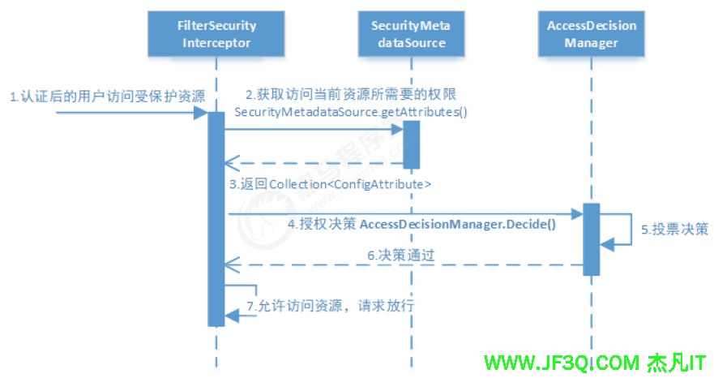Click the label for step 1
(106, 97)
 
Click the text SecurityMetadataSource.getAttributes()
(350, 111)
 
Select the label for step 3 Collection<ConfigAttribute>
(329, 184)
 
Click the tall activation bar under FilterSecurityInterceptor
(216, 219)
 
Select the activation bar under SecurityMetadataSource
(412, 144)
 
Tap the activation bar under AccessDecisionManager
(591, 238)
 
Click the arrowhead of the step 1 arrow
(203, 113)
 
